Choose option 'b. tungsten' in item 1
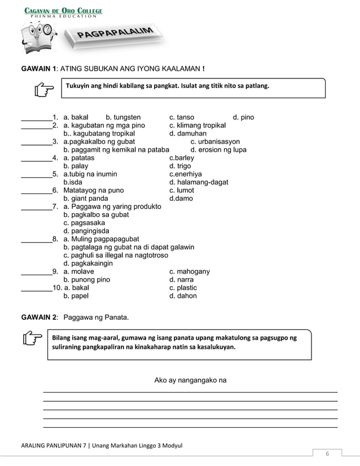[123, 117]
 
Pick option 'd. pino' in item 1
[243, 117]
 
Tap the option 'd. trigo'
[181, 166]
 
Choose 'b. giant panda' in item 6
[86, 199]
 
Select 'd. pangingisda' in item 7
[86, 231]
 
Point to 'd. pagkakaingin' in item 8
[88, 263]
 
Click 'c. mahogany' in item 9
[190, 272]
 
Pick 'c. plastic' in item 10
[183, 288]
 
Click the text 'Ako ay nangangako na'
[190, 380]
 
